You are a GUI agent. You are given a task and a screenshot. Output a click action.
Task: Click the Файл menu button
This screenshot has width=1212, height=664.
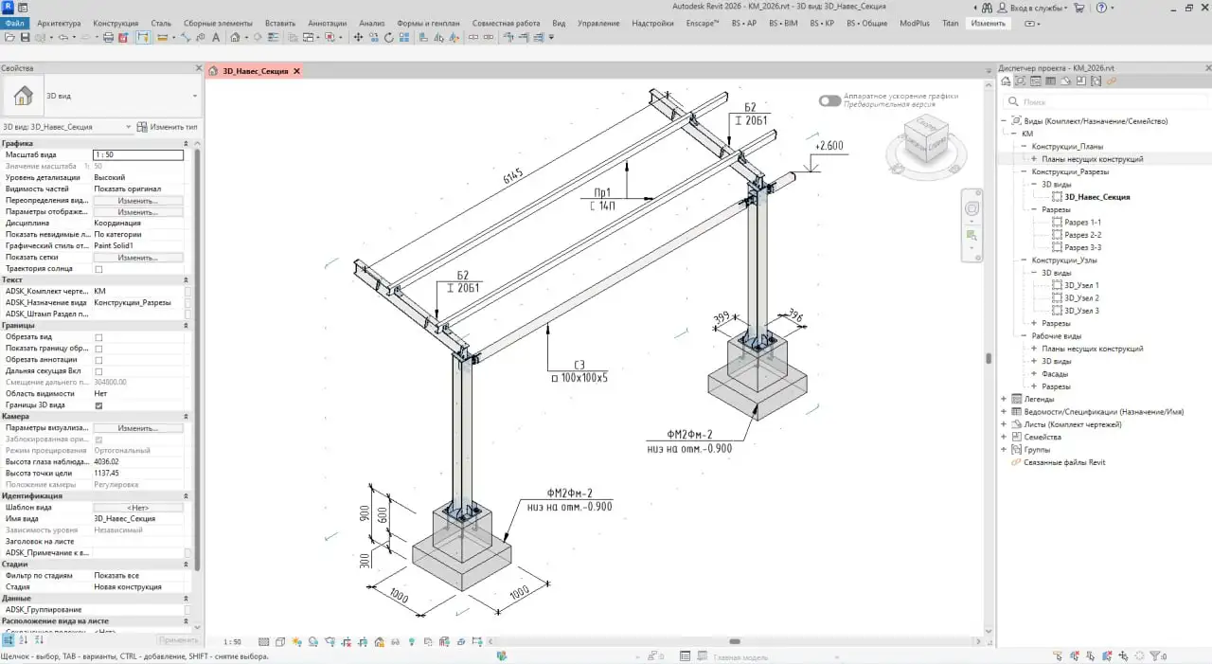click(14, 23)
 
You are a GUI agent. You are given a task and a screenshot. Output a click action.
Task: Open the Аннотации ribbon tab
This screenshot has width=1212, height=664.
click(327, 23)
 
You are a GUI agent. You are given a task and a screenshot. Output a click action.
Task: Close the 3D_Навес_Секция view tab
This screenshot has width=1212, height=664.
click(296, 71)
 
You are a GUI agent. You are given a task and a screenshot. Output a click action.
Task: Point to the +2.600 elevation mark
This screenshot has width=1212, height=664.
click(829, 147)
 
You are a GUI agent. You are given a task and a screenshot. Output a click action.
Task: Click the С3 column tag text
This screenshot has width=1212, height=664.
click(579, 365)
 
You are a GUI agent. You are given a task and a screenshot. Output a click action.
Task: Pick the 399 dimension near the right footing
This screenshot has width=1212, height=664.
click(723, 318)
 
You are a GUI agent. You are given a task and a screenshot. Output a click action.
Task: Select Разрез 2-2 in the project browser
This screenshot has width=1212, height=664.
click(1082, 235)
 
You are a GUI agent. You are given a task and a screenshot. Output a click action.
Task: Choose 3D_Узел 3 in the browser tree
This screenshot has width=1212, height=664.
click(1081, 311)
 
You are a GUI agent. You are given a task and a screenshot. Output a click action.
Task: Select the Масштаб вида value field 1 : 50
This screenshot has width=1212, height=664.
click(137, 154)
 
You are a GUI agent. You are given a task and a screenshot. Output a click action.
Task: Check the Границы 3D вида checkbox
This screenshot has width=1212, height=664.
click(98, 405)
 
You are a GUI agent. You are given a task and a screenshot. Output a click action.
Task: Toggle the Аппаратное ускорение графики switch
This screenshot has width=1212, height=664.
click(829, 100)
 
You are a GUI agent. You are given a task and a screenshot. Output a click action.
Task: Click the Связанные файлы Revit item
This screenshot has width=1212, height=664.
click(1064, 462)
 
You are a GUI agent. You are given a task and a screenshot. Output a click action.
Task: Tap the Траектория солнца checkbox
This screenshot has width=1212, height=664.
click(98, 269)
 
